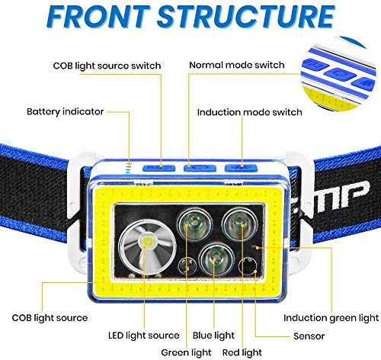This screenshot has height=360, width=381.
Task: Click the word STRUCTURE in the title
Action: (x=246, y=16)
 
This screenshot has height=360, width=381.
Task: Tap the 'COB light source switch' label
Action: (x=107, y=66)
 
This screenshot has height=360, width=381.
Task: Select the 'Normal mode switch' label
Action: (x=237, y=65)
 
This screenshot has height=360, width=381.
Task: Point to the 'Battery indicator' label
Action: (x=66, y=111)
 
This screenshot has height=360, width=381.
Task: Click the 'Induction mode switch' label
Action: (x=250, y=112)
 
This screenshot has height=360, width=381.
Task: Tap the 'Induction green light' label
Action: (x=331, y=318)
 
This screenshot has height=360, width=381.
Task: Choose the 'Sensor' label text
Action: (x=309, y=336)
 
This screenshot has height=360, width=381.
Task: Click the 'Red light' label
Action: (x=242, y=352)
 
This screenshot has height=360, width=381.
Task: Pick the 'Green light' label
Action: (x=186, y=352)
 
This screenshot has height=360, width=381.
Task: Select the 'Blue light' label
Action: (x=213, y=336)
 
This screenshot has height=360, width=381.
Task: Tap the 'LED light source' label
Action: (x=144, y=336)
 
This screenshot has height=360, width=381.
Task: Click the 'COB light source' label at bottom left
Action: (x=50, y=318)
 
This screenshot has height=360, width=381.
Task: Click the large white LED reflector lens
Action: (x=147, y=247)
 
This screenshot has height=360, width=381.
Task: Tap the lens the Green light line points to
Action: (x=194, y=224)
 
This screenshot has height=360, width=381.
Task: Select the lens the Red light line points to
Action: (x=239, y=223)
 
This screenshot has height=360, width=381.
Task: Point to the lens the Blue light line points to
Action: (x=216, y=259)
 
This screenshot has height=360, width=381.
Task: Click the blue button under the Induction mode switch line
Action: (x=241, y=168)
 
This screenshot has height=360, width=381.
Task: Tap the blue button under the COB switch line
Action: (x=159, y=168)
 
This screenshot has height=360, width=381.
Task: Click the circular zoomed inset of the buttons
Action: (x=338, y=74)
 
